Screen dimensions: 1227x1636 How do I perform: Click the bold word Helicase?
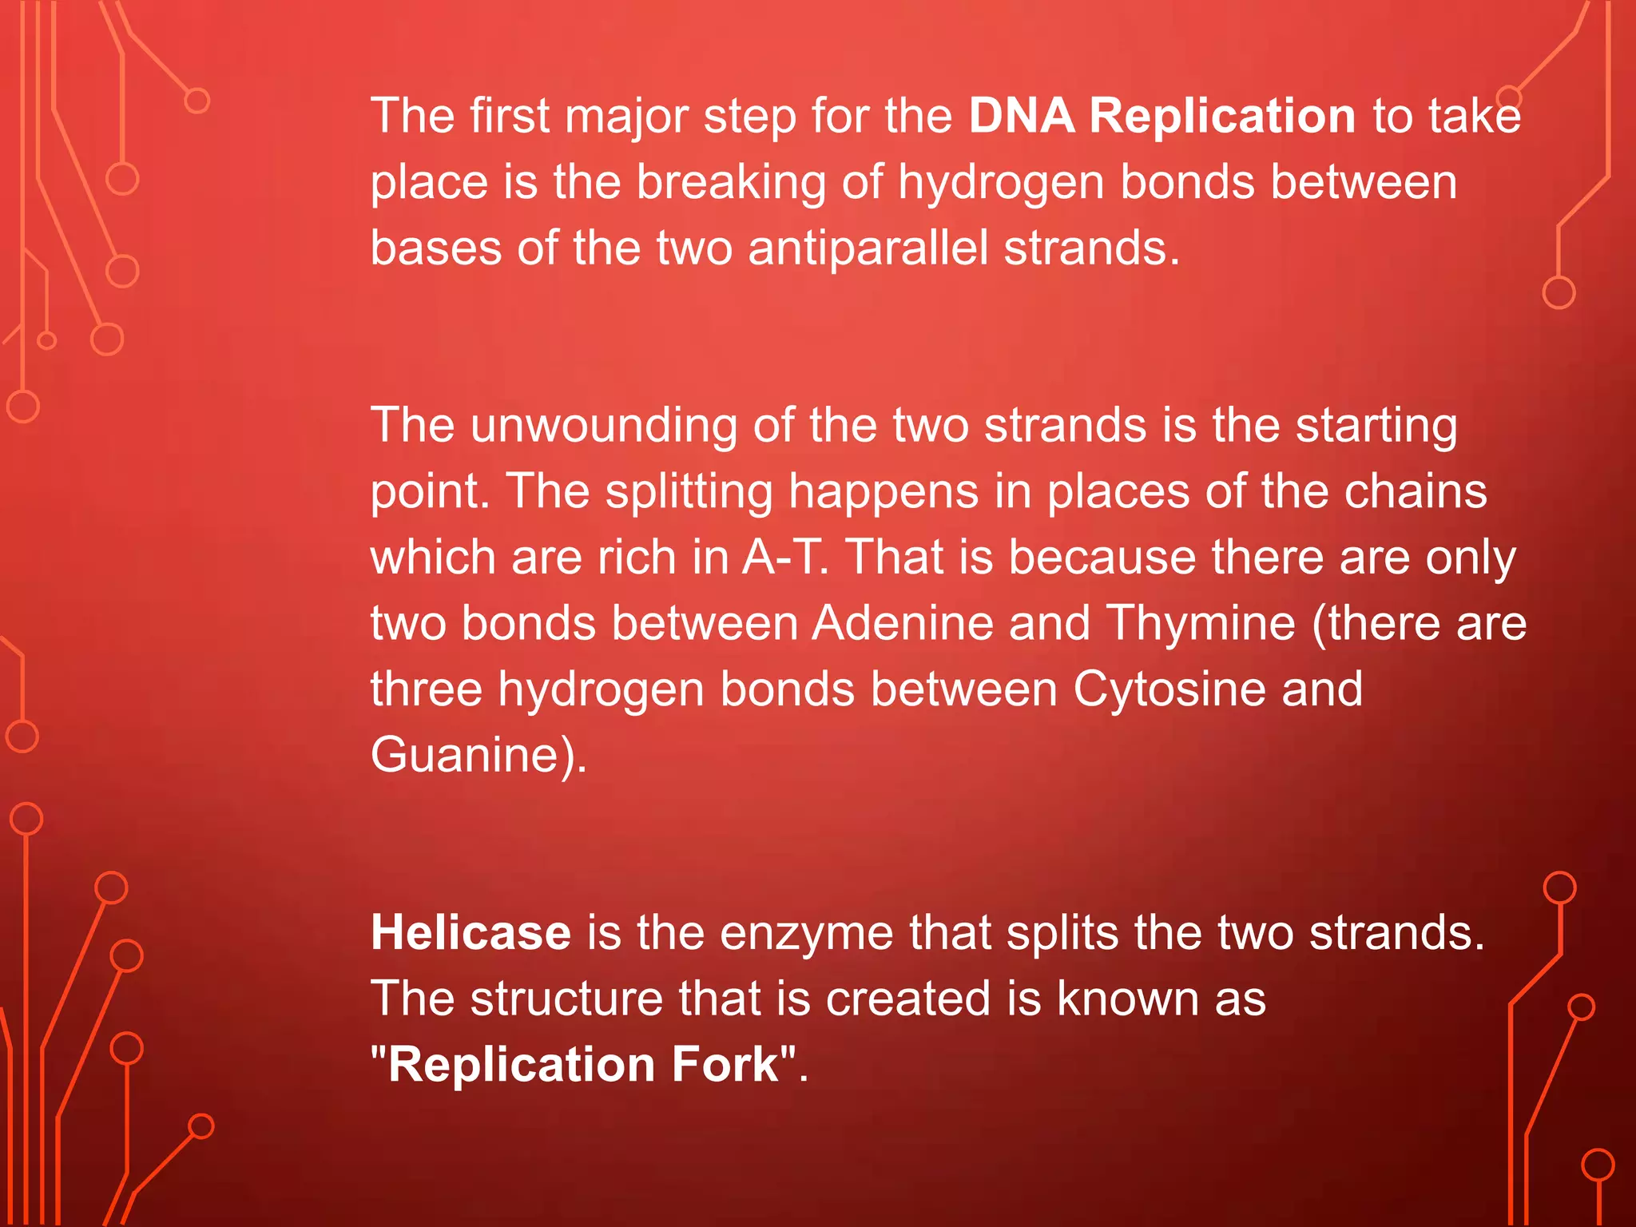coord(471,933)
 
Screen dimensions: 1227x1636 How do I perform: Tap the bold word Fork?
coord(725,1065)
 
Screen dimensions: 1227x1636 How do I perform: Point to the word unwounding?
coord(604,425)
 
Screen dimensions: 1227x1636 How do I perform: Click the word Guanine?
coord(471,755)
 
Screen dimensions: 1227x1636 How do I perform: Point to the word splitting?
coord(689,491)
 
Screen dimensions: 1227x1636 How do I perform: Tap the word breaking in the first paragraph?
coord(731,183)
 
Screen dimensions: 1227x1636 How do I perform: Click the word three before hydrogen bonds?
coord(427,689)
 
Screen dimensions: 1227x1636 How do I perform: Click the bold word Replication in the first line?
coord(1222,116)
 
